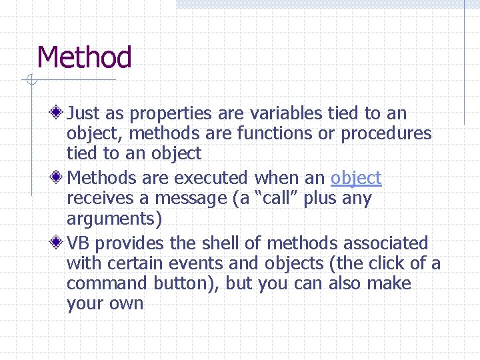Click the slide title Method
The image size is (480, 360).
pyautogui.click(x=85, y=57)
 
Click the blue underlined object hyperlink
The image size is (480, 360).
pyautogui.click(x=356, y=178)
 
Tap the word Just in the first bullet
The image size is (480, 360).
pyautogui.click(x=83, y=114)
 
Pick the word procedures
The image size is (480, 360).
pyautogui.click(x=386, y=133)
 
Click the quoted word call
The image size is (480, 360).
pyautogui.click(x=275, y=199)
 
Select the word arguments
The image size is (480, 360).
pyautogui.click(x=111, y=219)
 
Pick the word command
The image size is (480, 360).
pyautogui.click(x=107, y=283)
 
